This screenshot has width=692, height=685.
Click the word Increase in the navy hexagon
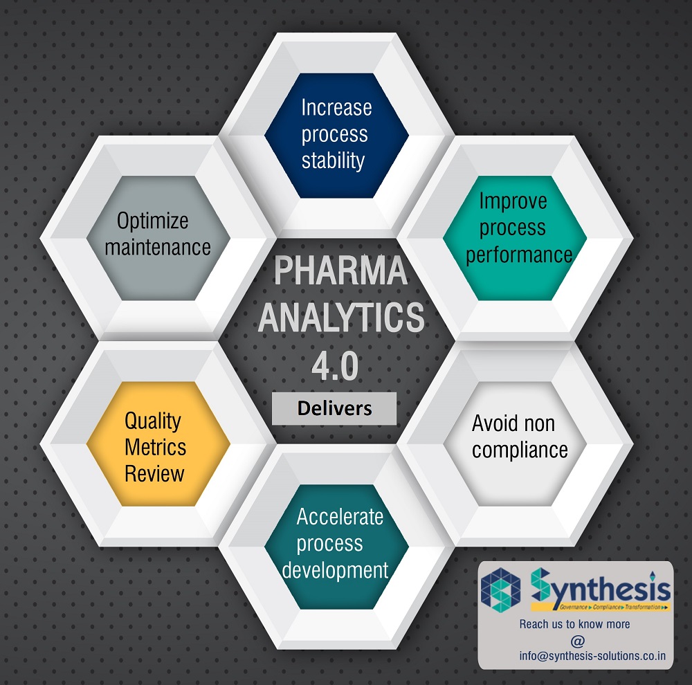tap(336, 108)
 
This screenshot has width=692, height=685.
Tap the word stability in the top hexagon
tap(334, 161)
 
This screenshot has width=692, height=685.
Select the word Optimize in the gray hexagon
tap(153, 221)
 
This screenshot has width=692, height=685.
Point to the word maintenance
tap(158, 248)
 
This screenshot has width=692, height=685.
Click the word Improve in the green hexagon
tap(513, 202)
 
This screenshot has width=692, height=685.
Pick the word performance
tap(519, 255)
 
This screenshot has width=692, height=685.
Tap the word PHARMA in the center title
tap(340, 271)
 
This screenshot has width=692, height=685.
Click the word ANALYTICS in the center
tap(341, 318)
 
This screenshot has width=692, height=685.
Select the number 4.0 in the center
tap(335, 366)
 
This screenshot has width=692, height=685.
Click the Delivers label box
tap(334, 408)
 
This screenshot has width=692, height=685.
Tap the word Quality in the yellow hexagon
tap(153, 421)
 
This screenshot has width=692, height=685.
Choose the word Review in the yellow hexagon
tap(154, 473)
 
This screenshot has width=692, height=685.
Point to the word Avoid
tap(491, 423)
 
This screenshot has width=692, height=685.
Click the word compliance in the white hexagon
tap(520, 450)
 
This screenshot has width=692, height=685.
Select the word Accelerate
tap(340, 517)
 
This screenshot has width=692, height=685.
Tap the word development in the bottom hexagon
tap(335, 570)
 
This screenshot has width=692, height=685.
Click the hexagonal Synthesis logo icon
tap(500, 590)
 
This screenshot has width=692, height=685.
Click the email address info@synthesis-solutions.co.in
tap(592, 656)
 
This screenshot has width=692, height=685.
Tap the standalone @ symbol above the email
tap(577, 641)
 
